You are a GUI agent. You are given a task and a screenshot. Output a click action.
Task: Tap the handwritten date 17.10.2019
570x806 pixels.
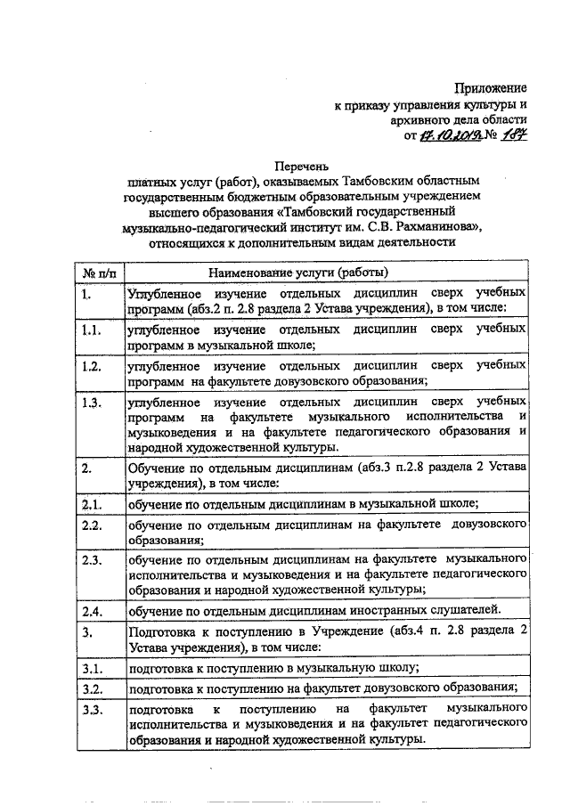click(x=451, y=135)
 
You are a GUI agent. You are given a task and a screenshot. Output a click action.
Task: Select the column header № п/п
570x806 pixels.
click(x=94, y=272)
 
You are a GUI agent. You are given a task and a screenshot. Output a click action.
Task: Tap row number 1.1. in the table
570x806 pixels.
click(x=89, y=329)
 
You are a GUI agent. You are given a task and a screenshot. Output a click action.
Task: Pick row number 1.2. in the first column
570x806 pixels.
click(x=89, y=366)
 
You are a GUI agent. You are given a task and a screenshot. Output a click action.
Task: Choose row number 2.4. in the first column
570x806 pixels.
click(x=89, y=610)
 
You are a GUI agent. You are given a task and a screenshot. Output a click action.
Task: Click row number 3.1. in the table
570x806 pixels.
click(x=89, y=668)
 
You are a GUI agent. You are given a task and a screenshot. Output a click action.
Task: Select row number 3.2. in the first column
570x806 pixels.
click(x=89, y=689)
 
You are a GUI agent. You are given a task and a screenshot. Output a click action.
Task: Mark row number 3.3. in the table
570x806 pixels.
click(x=89, y=710)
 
